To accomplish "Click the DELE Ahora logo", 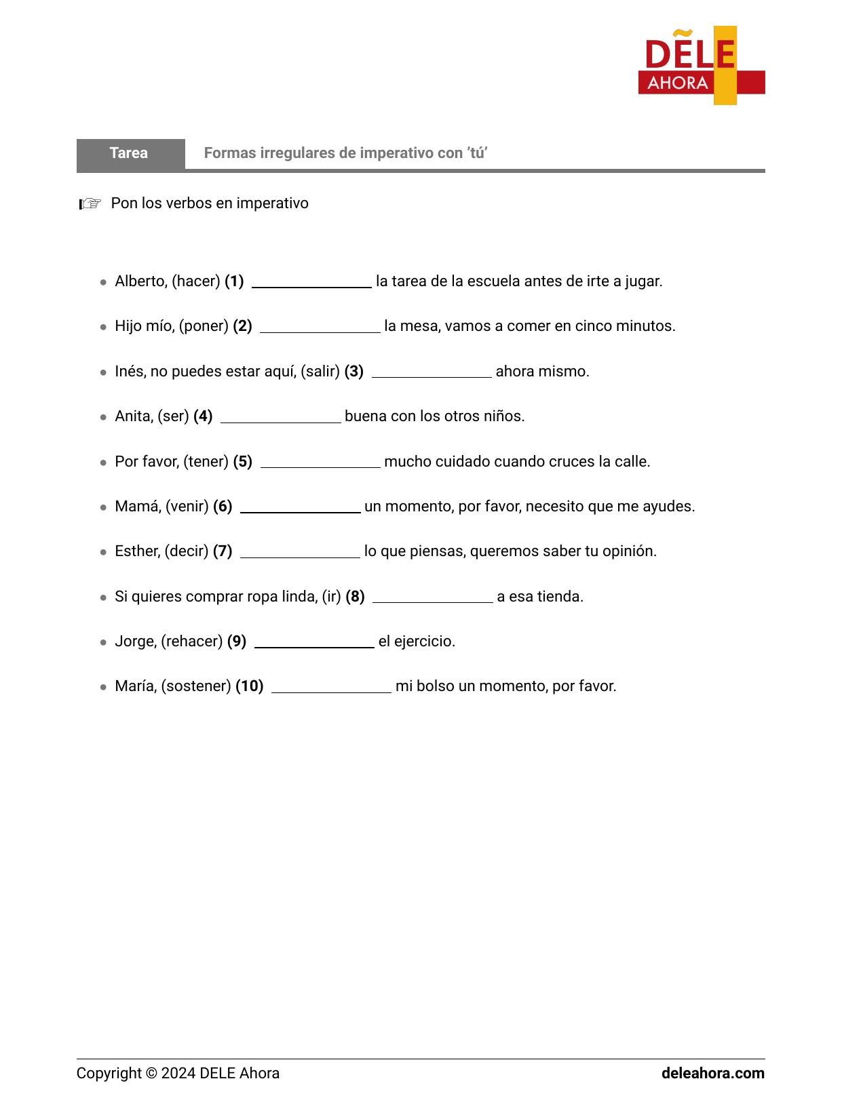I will coord(701,66).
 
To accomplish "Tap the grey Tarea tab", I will coord(130,153).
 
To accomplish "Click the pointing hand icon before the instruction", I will coord(90,203).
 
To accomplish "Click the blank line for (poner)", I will coord(320,328).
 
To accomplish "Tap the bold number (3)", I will coord(353,372).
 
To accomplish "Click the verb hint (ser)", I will coord(173,416).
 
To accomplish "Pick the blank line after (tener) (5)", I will coord(320,463).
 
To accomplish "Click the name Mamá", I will coord(138,507).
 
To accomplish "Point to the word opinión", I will coord(630,551).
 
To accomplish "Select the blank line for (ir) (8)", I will coord(432,598).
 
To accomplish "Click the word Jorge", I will coord(134,642).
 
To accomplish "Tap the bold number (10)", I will coord(249,686).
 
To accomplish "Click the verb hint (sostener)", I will coord(196,686).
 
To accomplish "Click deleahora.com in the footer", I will coord(712,1074).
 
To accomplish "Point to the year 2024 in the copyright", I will coord(178,1074).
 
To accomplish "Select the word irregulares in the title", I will coord(294,153).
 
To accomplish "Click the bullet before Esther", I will coord(103,552).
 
